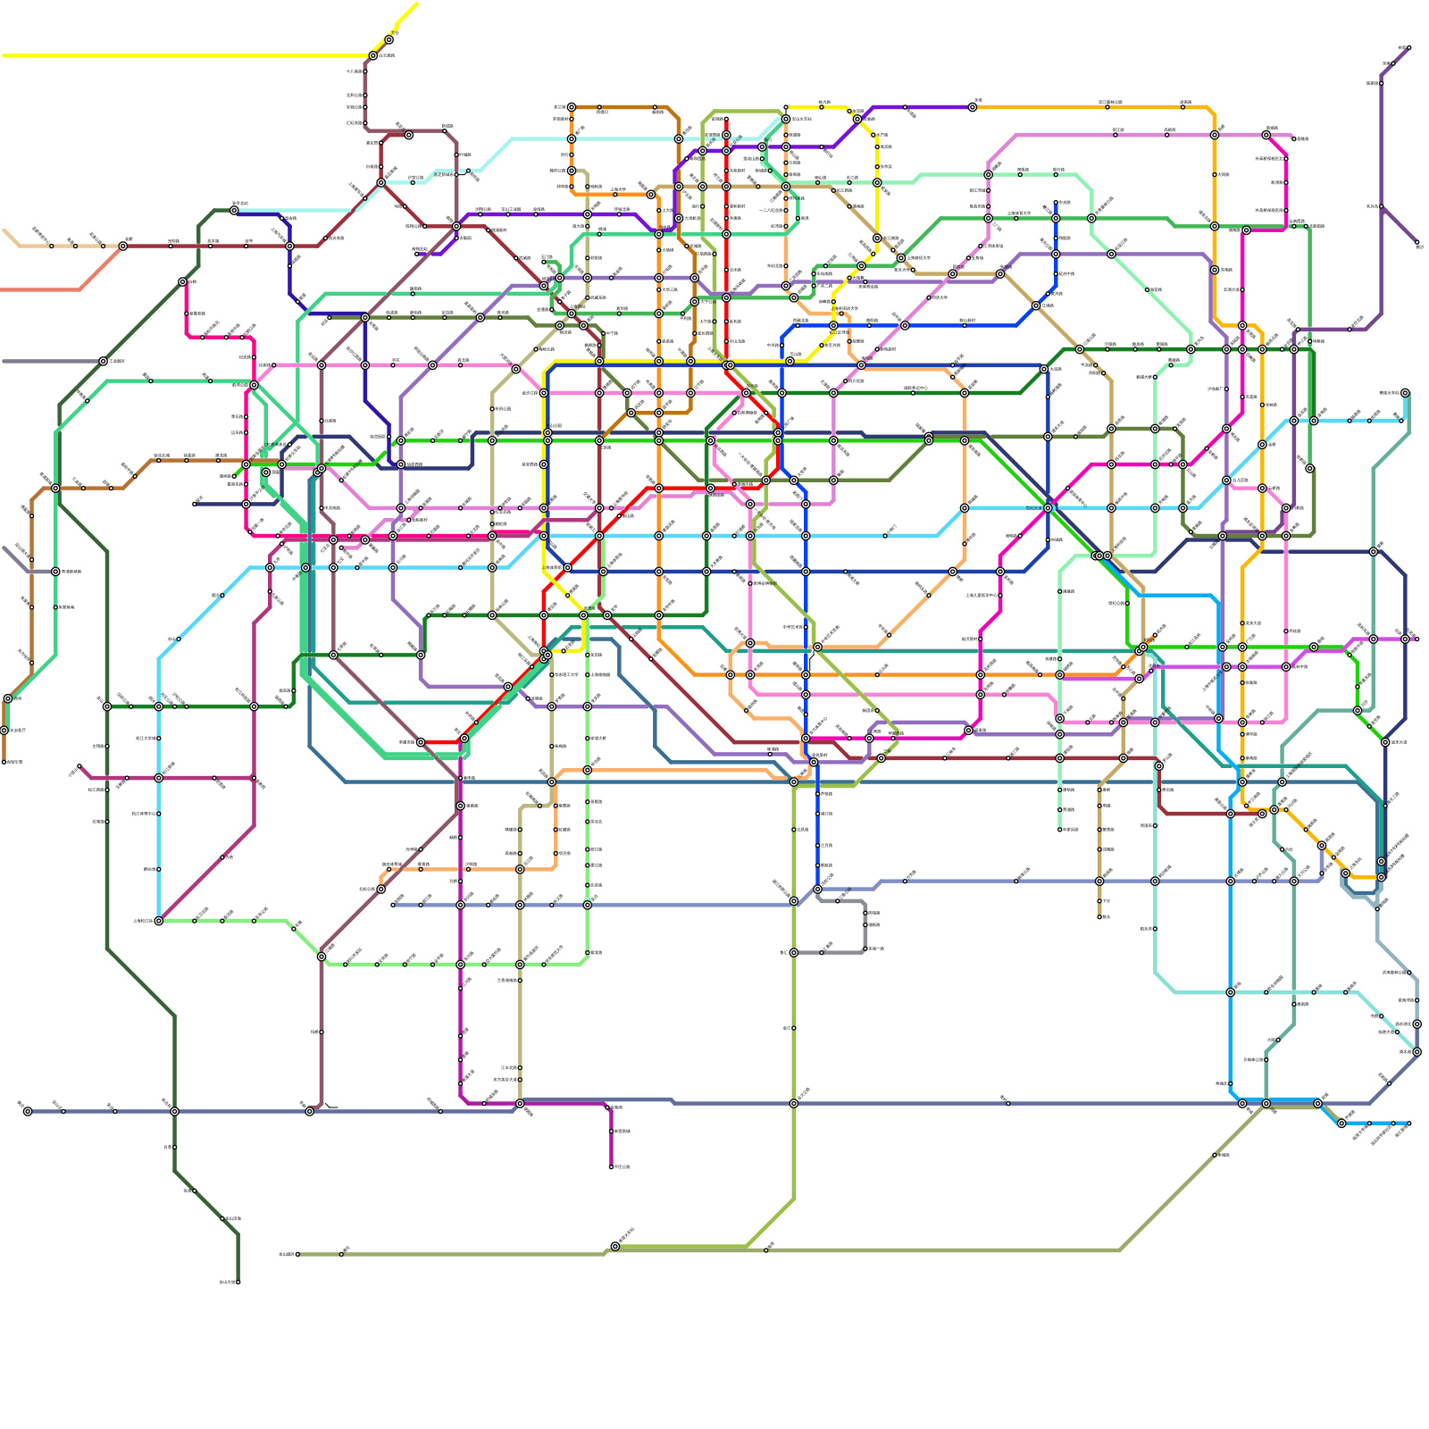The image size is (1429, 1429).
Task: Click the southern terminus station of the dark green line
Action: coord(238,1282)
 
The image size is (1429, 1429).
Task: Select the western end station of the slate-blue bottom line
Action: coord(28,1111)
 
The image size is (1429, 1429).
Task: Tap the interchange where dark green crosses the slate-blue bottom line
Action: coord(174,1111)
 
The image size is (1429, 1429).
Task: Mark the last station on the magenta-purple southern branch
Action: coord(612,1166)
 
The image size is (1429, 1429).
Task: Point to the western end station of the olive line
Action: coord(297,1254)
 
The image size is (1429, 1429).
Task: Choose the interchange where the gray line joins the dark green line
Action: coord(104,361)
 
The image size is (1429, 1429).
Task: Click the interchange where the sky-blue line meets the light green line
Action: coord(159,921)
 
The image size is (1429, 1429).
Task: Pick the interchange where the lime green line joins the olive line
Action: coord(615,1246)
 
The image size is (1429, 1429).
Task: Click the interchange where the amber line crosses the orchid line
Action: coord(1215,135)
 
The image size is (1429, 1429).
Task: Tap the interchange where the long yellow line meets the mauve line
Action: coord(373,55)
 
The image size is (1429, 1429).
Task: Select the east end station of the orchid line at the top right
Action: coord(1294,139)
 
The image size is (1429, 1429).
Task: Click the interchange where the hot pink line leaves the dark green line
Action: coord(182,281)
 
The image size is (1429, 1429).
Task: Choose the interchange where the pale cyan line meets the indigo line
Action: coord(234,210)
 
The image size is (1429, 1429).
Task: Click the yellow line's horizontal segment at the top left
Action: coord(179,55)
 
